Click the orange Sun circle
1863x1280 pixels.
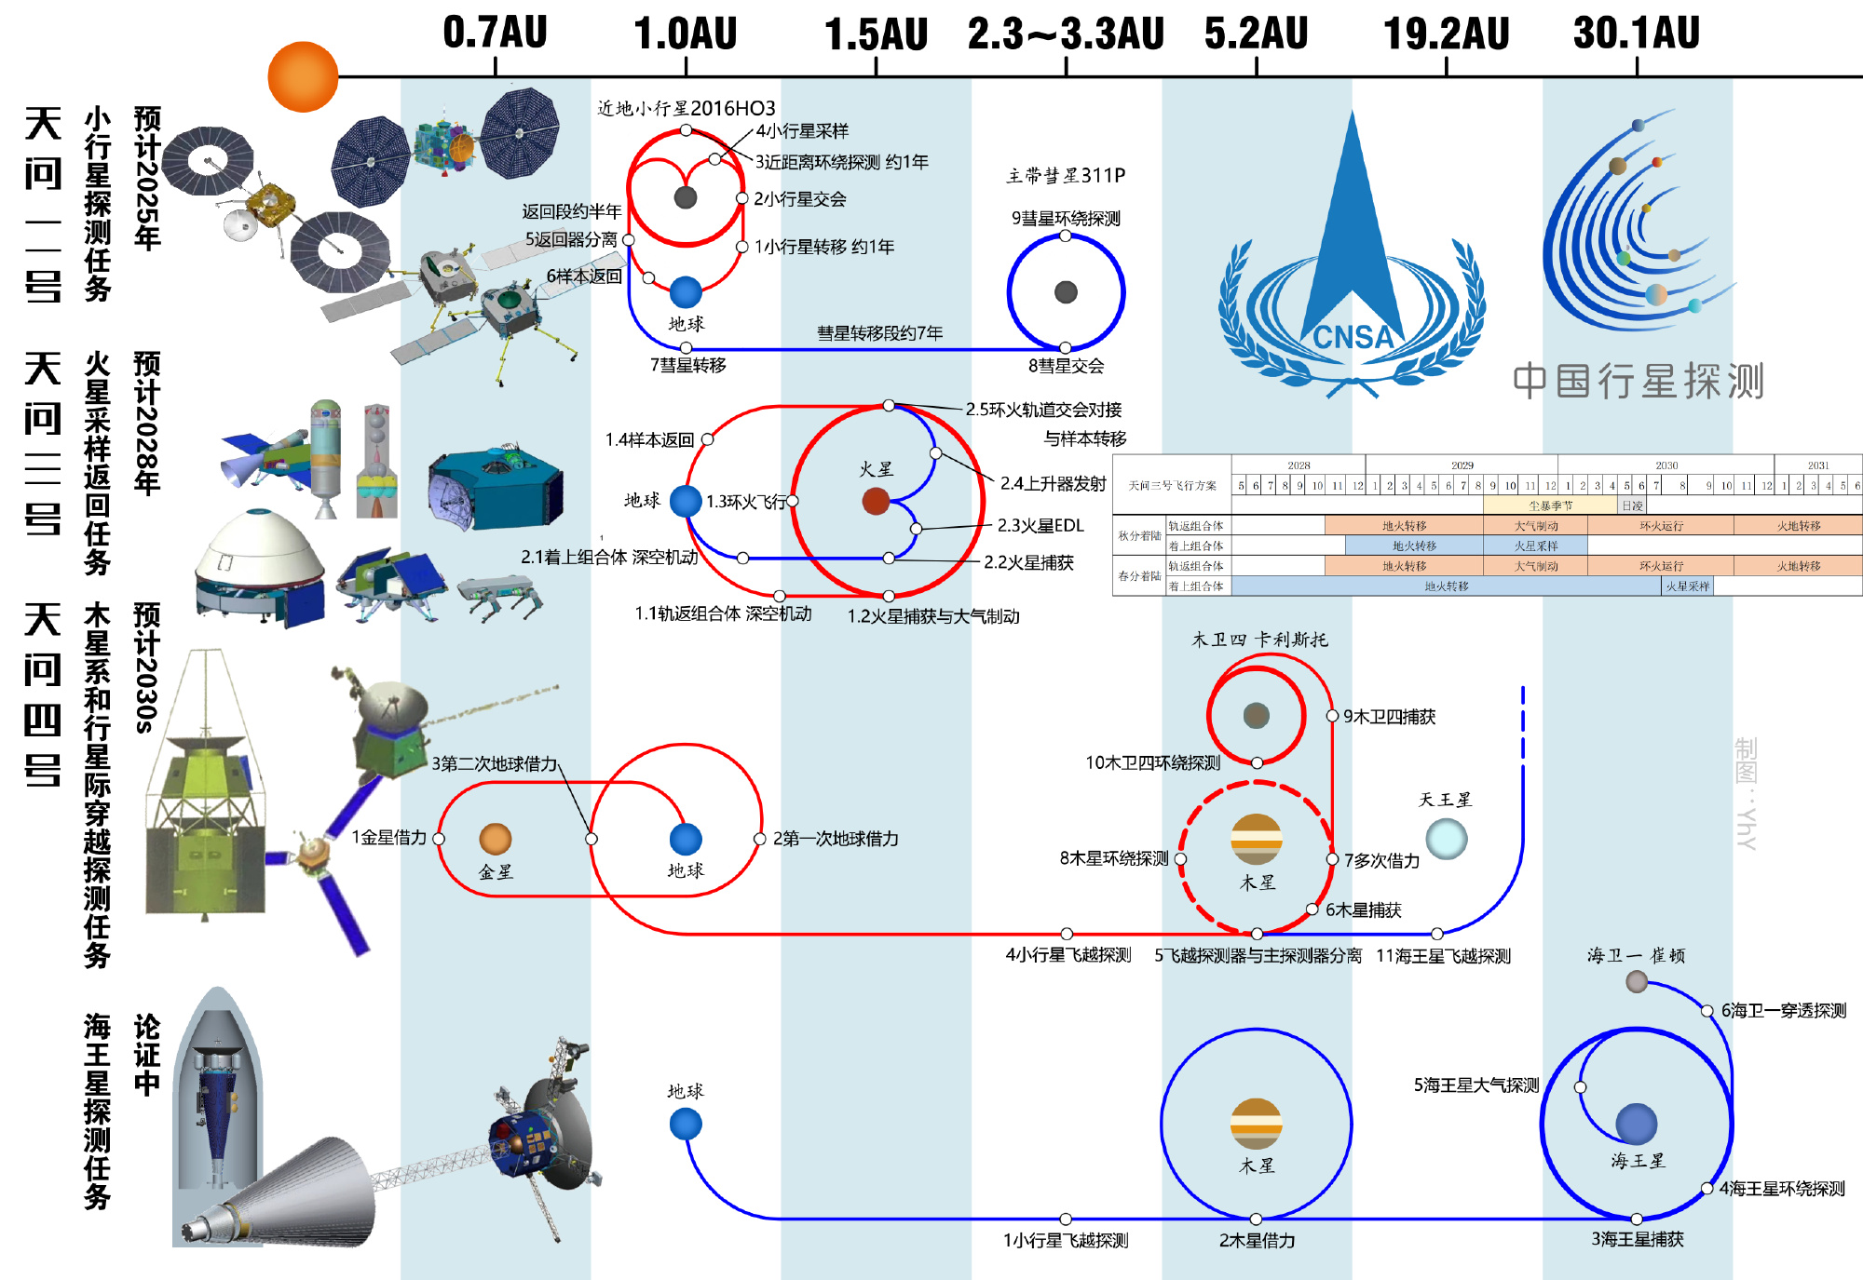303,76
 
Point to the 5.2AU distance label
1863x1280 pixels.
1256,34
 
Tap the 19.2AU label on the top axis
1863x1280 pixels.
1446,34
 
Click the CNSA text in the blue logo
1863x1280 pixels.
1353,336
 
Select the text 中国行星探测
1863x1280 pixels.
1638,381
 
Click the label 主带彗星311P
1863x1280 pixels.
1066,175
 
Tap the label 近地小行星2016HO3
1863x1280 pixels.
686,108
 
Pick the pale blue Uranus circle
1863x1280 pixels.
1446,839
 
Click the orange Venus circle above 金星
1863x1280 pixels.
495,839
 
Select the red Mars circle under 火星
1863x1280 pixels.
876,502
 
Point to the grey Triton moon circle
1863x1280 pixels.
1636,981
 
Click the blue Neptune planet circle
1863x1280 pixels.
1636,1124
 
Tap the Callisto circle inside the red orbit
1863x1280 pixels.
1256,715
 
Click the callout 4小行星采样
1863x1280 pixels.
801,131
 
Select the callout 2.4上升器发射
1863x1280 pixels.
1053,483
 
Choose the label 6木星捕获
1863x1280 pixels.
1363,909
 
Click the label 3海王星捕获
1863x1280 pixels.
1637,1239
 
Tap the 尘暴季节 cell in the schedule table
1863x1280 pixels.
1550,505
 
